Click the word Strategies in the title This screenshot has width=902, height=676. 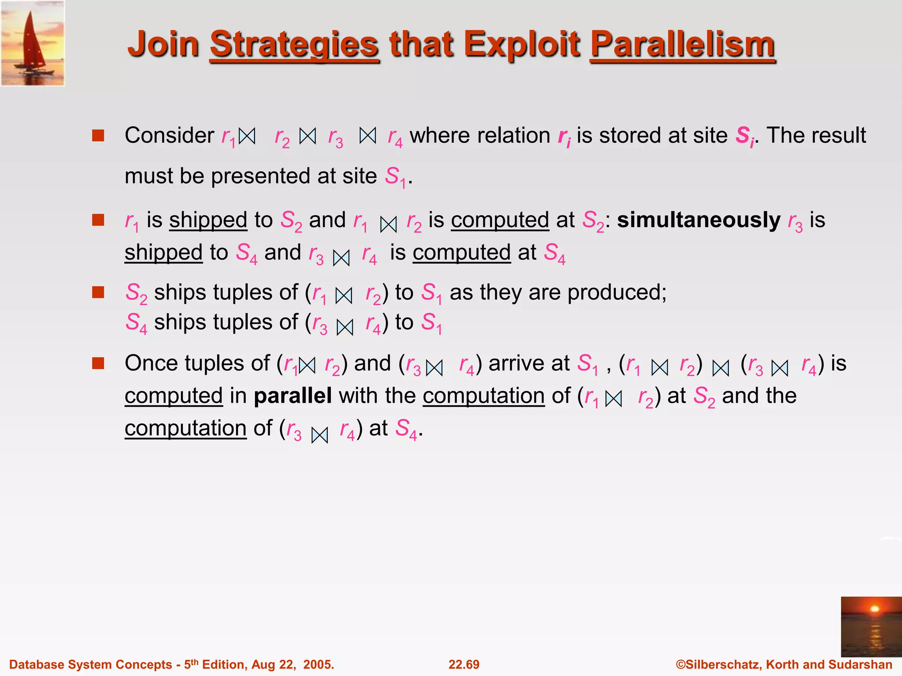click(294, 45)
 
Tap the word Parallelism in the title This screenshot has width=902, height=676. click(682, 45)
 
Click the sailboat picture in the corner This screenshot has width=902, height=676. click(33, 43)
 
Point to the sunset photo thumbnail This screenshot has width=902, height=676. click(871, 626)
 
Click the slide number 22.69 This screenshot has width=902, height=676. click(464, 665)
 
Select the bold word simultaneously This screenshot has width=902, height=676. click(699, 220)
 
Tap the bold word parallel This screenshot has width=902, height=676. click(292, 395)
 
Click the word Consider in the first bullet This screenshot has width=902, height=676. click(170, 135)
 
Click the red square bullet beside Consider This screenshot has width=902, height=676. click(98, 135)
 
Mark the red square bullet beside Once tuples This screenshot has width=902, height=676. click(98, 364)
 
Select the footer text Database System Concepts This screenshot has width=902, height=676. click(90, 665)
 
